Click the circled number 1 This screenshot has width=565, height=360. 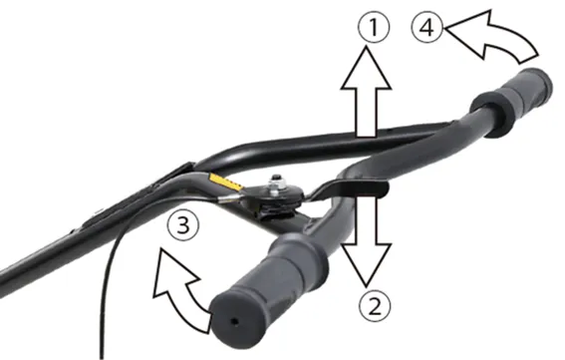[x=374, y=28]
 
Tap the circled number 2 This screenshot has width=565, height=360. [x=375, y=307]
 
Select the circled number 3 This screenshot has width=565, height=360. [x=183, y=226]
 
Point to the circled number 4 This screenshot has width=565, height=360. [x=427, y=28]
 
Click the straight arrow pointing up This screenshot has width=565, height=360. [x=366, y=92]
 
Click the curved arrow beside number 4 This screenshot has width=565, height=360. [x=492, y=38]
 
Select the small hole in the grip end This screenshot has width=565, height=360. [x=234, y=321]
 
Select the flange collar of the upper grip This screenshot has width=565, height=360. [x=487, y=115]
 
